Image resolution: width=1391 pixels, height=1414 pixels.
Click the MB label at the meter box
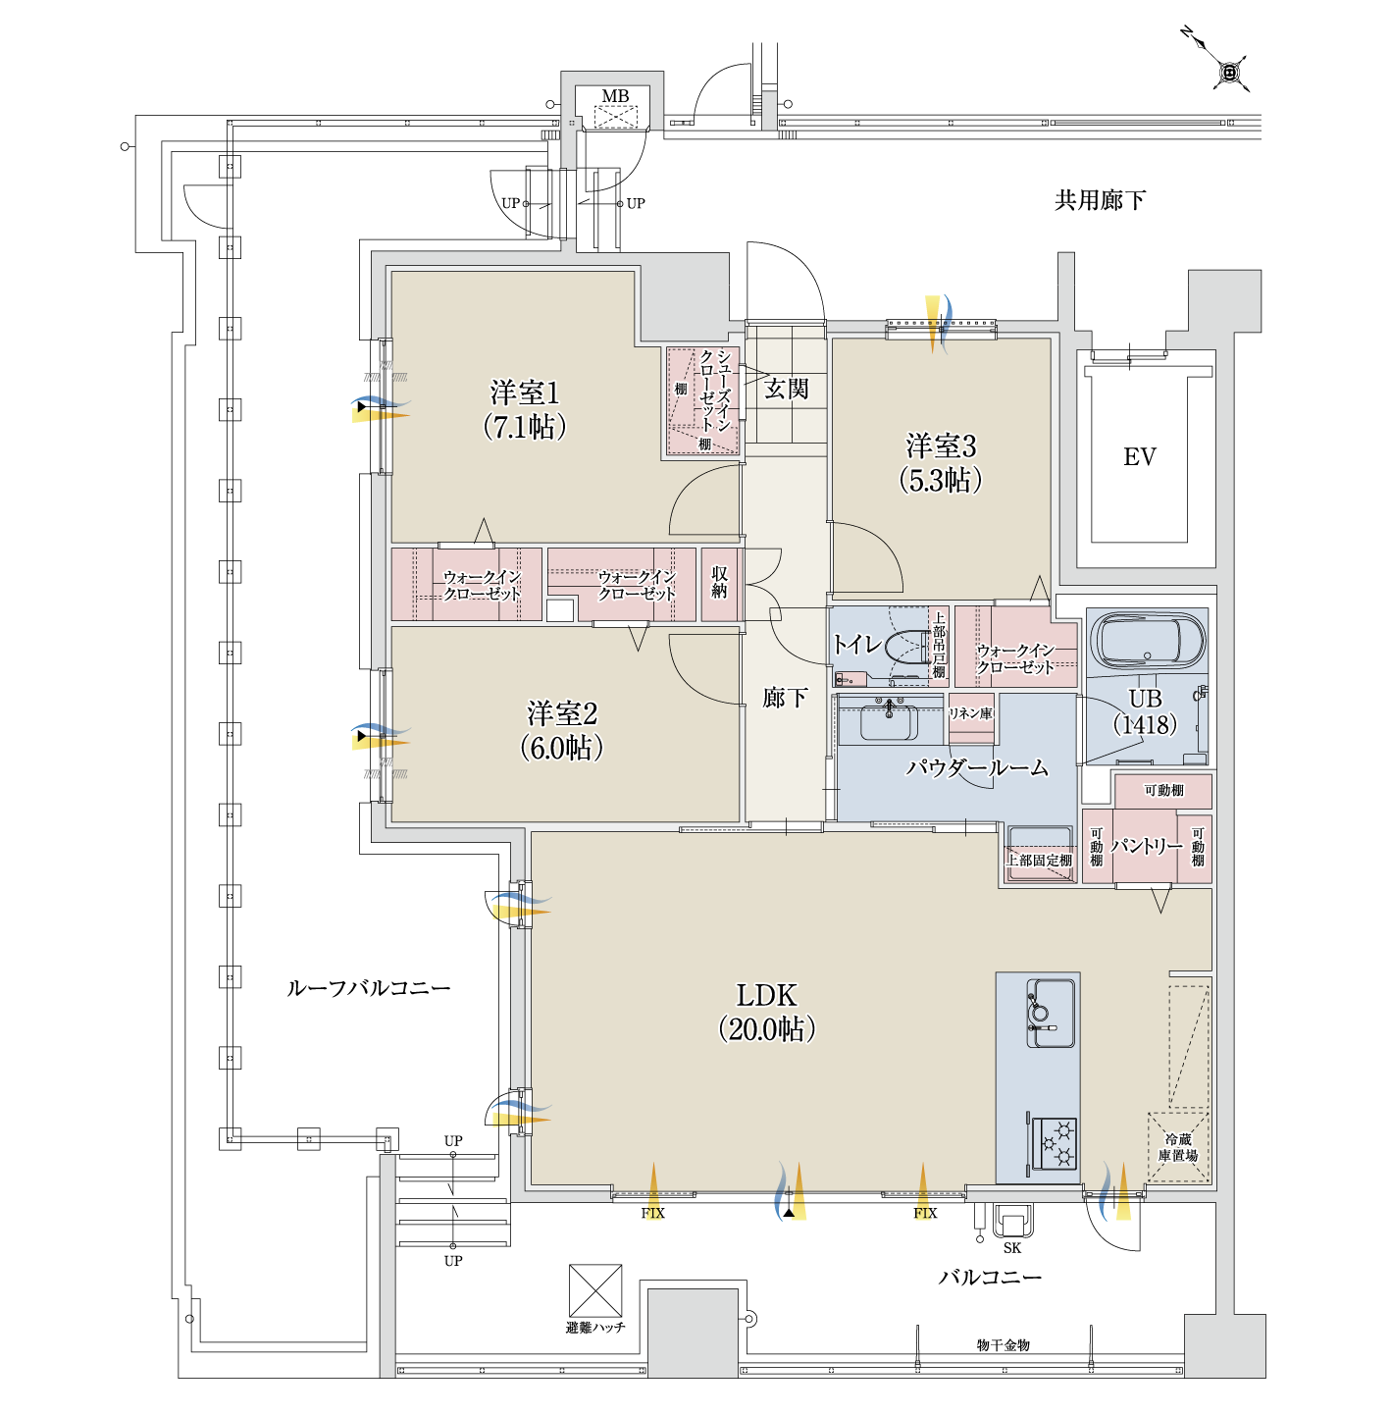[615, 96]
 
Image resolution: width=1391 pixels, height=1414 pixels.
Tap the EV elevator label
[1139, 457]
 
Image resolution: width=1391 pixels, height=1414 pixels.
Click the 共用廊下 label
[1100, 200]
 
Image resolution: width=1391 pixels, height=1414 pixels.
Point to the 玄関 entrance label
[787, 389]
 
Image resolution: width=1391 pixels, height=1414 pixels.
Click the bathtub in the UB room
[1148, 639]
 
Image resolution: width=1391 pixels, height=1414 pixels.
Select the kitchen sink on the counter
[1051, 1013]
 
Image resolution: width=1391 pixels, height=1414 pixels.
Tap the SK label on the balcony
[1011, 1247]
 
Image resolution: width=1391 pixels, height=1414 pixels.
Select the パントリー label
[1146, 846]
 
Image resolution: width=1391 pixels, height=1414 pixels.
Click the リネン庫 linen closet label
[970, 713]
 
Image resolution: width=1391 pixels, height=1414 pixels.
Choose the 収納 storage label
[719, 582]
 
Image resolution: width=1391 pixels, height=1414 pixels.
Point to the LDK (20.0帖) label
[767, 1013]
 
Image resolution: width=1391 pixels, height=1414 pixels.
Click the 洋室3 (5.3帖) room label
[941, 463]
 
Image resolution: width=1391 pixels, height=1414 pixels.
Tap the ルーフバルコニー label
[368, 988]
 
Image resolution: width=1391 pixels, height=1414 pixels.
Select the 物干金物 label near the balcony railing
[1003, 1344]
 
